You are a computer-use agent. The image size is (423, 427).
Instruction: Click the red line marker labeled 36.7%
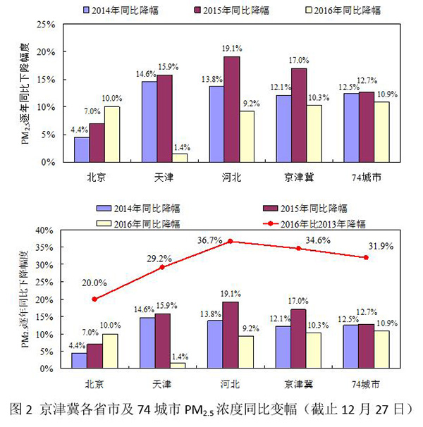[x=230, y=242]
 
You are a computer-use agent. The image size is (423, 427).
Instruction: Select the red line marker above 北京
[x=94, y=299]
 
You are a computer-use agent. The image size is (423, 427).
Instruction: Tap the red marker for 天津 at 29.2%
[x=162, y=267]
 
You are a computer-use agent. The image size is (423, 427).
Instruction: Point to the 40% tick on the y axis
[x=43, y=230]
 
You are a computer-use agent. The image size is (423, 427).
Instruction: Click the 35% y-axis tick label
[x=43, y=247]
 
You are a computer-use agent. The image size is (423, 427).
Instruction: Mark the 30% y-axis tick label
[x=43, y=265]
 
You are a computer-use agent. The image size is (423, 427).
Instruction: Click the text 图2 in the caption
[x=22, y=409]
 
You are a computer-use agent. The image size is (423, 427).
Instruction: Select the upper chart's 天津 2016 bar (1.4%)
[x=179, y=158]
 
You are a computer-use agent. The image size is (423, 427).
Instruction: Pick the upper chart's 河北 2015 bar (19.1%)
[x=230, y=109]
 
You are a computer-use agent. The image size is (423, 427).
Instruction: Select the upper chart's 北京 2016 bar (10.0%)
[x=112, y=134]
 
